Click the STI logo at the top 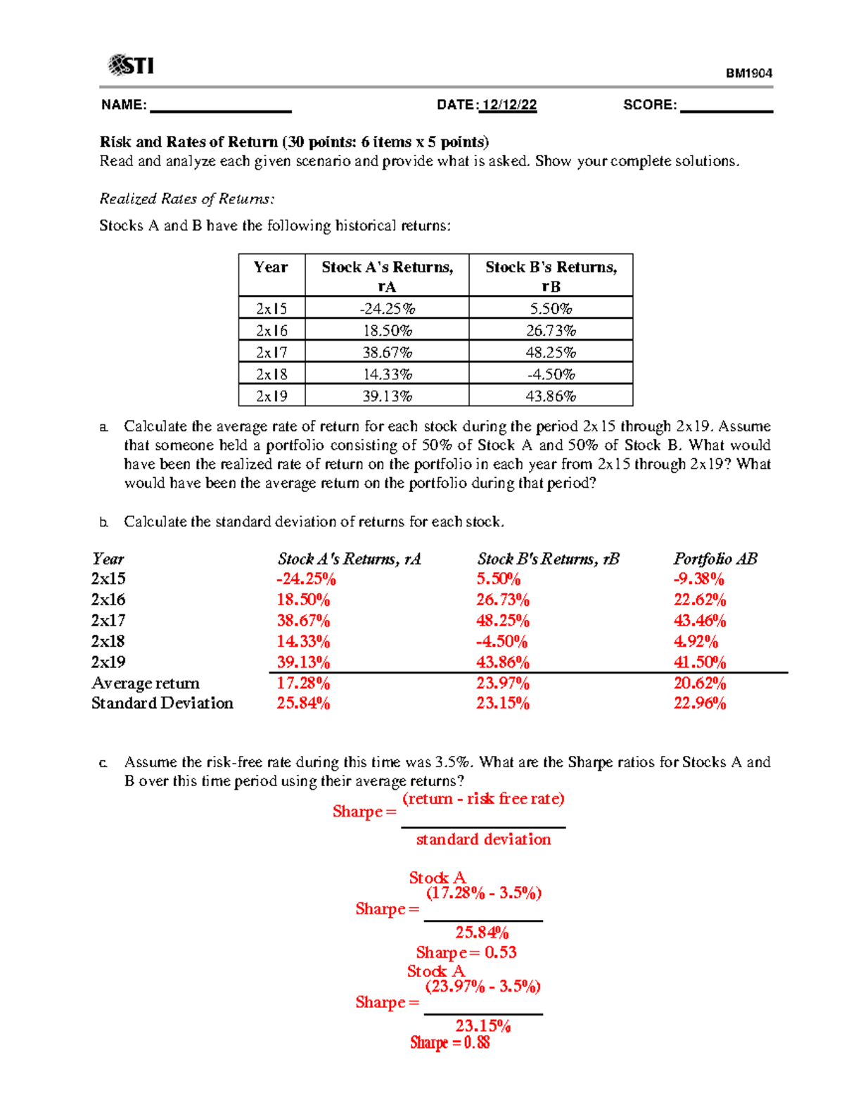pyautogui.click(x=131, y=65)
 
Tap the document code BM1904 pyautogui.click(x=749, y=73)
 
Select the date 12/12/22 pyautogui.click(x=509, y=105)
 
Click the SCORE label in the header pyautogui.click(x=650, y=105)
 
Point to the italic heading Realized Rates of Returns pyautogui.click(x=186, y=199)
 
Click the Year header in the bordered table pyautogui.click(x=271, y=267)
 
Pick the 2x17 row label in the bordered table pyautogui.click(x=271, y=352)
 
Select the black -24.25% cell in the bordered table pyautogui.click(x=387, y=308)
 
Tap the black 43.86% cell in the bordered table pyautogui.click(x=551, y=396)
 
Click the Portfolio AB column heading pyautogui.click(x=715, y=559)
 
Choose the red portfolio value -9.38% pyautogui.click(x=698, y=579)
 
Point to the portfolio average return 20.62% pyautogui.click(x=700, y=683)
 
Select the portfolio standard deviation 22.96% pyautogui.click(x=700, y=703)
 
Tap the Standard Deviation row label pyautogui.click(x=162, y=703)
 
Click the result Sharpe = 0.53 pyautogui.click(x=466, y=952)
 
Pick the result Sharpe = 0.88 pyautogui.click(x=450, y=1042)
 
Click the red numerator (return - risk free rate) pyautogui.click(x=483, y=799)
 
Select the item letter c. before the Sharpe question pyautogui.click(x=103, y=763)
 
